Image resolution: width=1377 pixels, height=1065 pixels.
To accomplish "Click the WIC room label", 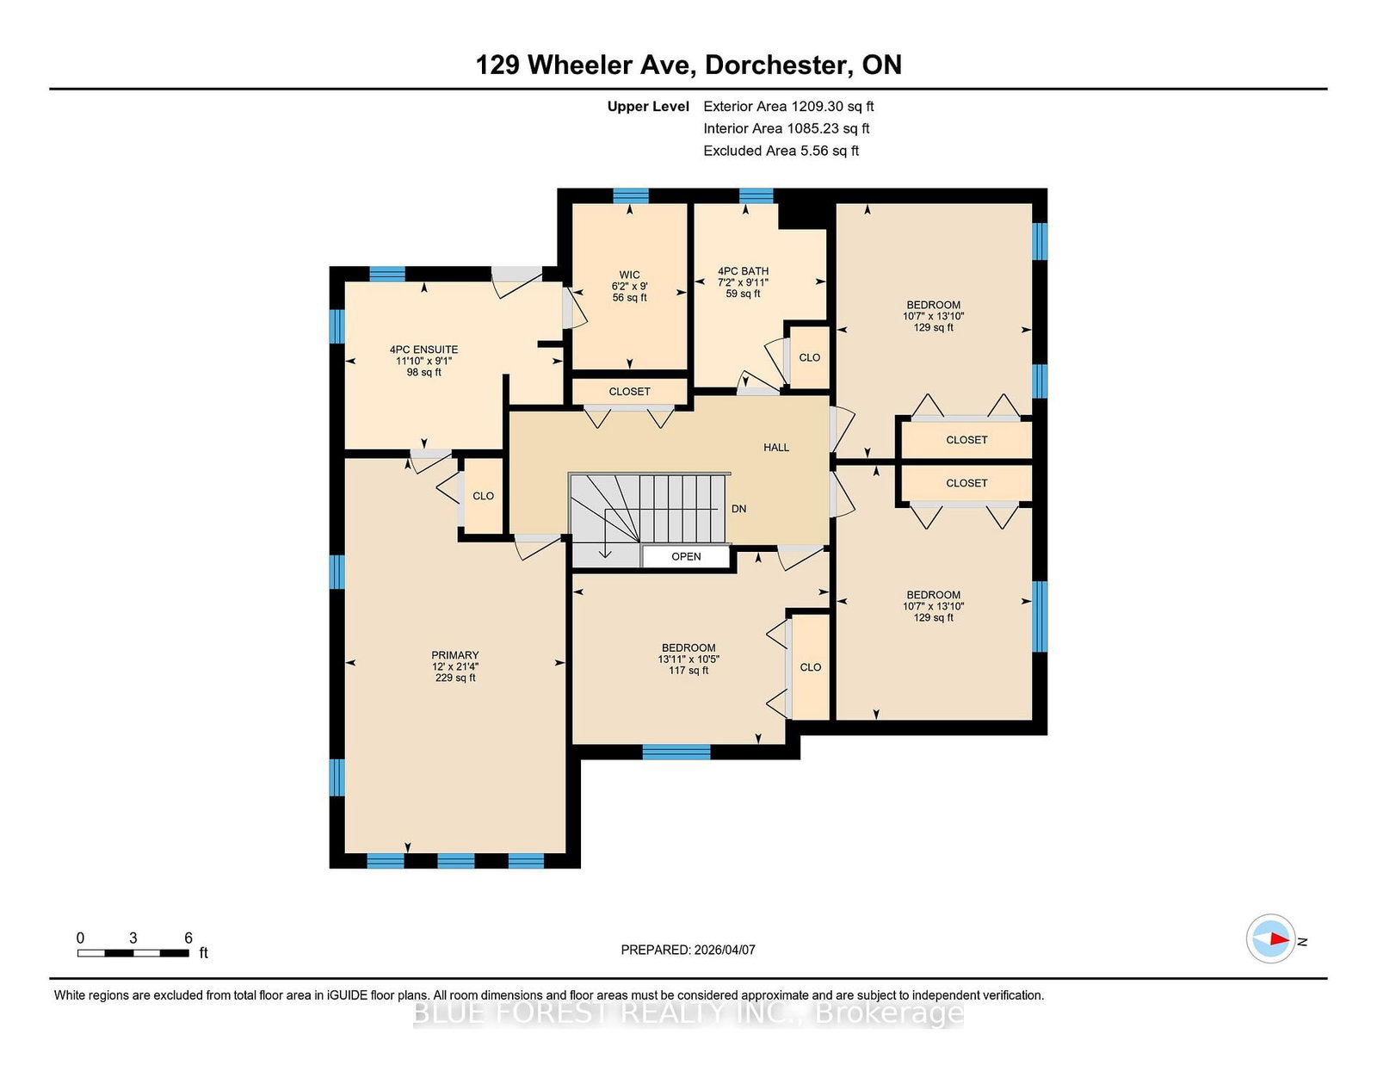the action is (x=629, y=275).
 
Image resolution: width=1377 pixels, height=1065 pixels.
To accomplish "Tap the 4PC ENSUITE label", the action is (x=423, y=350).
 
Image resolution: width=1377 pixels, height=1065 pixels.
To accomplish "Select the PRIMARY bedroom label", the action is (x=455, y=655).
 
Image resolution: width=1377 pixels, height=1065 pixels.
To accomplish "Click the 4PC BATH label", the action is (x=743, y=271).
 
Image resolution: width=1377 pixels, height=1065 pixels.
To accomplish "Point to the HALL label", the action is (x=776, y=448).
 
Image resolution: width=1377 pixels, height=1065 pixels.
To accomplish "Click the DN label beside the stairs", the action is (x=739, y=509).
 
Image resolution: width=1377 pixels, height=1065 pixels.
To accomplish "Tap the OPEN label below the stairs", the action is (x=686, y=556).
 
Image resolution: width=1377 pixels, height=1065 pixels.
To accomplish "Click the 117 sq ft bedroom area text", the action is (x=688, y=670).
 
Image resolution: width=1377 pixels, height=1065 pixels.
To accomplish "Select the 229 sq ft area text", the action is (x=455, y=678).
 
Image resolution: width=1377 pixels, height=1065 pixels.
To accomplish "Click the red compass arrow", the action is (x=1280, y=938).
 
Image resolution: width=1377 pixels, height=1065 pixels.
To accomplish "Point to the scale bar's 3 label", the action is (x=133, y=938).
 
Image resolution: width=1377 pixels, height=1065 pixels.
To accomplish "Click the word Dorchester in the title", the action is (x=778, y=65).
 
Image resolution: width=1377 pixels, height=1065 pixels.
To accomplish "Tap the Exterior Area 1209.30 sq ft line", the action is (x=788, y=107).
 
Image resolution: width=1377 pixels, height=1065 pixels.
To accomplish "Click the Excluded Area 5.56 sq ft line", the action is (x=781, y=151).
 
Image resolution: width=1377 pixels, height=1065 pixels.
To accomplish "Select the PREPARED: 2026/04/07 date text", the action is (x=688, y=950).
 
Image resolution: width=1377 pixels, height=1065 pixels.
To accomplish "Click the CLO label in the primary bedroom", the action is (x=483, y=497).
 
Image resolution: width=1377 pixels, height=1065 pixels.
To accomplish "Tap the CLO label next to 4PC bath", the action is (x=809, y=357).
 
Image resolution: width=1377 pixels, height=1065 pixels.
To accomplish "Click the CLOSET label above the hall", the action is (x=629, y=392).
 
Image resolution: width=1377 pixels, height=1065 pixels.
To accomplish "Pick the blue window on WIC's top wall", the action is (x=631, y=195).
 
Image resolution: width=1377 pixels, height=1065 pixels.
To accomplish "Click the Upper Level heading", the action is (x=648, y=107).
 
